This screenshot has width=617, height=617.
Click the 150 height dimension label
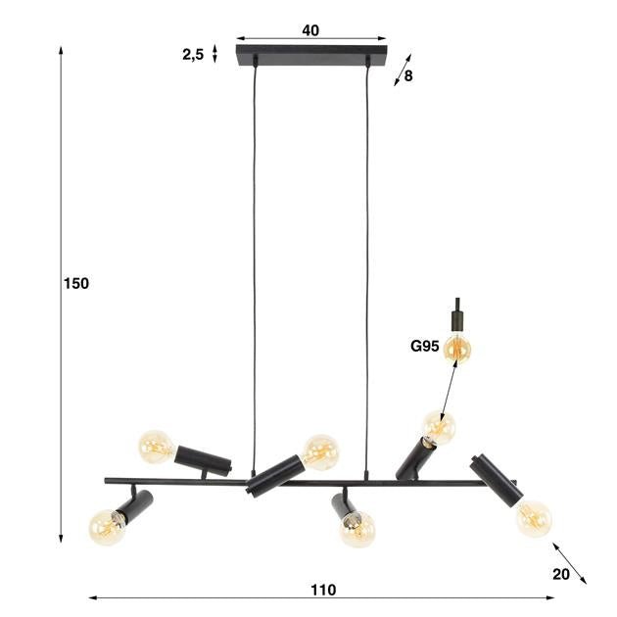[x=75, y=284]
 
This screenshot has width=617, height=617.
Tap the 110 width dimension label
[x=323, y=590]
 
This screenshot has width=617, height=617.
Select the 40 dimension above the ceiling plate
[x=310, y=30]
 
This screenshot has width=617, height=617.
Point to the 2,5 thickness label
[x=192, y=55]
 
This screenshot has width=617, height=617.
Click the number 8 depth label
[x=408, y=76]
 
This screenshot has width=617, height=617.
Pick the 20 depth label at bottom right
[x=560, y=574]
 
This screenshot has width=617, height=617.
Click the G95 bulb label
[x=424, y=346]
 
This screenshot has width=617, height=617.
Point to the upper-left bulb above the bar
[x=156, y=447]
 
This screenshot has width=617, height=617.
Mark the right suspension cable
[x=369, y=264]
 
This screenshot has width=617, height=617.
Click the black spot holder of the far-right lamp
[x=496, y=479]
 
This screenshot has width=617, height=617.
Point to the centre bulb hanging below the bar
[x=357, y=529]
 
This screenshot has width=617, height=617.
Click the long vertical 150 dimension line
[x=63, y=294]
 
